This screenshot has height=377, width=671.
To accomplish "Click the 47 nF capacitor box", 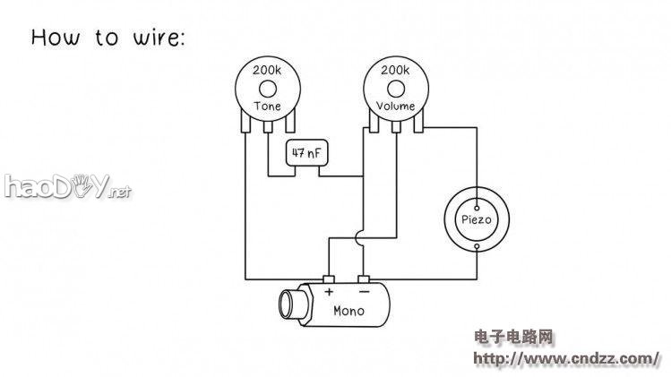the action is [306, 153].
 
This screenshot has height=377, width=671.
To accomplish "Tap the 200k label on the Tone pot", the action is [267, 70].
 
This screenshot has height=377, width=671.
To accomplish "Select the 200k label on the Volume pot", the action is [395, 70].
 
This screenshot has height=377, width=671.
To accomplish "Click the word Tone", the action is [268, 106].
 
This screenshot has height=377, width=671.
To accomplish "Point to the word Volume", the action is [395, 106].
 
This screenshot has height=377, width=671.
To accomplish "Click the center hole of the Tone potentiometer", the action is [268, 90].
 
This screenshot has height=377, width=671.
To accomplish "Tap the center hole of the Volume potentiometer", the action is [396, 90].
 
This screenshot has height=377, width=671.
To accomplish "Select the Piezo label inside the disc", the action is [477, 219].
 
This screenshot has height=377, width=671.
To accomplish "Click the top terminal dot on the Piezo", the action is [477, 208].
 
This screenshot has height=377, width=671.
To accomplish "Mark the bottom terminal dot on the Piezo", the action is [477, 246].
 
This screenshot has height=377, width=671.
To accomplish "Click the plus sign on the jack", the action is [329, 292].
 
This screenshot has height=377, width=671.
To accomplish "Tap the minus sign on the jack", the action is [365, 292].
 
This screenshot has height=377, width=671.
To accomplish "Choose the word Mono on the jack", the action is [348, 311].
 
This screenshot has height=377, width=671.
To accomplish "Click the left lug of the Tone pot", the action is [245, 121].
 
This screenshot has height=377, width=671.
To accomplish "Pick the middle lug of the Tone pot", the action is [268, 126].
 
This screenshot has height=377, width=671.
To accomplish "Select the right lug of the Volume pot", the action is [418, 121].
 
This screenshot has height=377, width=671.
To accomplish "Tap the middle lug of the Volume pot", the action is [396, 126].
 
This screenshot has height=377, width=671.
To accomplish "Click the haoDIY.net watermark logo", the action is [67, 186].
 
